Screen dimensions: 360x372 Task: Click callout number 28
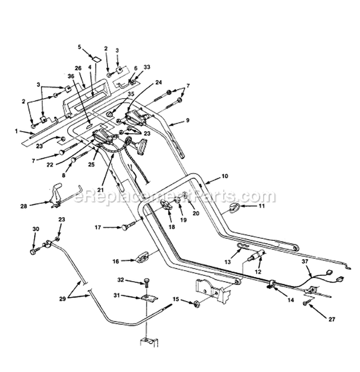coord(24,206)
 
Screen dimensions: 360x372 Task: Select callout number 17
coord(98,227)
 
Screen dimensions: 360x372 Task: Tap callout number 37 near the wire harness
coord(305,261)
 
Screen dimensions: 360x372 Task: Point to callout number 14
coord(291,300)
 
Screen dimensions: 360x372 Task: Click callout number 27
coord(332,319)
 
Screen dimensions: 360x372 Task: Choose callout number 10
coord(225,176)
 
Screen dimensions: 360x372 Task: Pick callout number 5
coord(79,47)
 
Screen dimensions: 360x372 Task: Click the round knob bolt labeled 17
coord(129,226)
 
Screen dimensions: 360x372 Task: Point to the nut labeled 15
coord(196,303)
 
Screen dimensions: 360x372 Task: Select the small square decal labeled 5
coord(96,58)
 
